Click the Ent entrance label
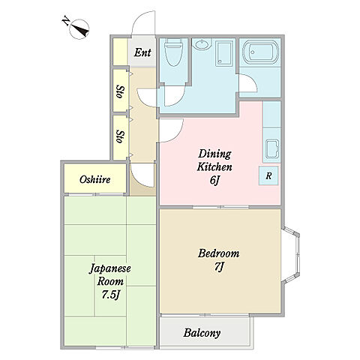pos(142,52)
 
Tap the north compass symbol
pos(77,28)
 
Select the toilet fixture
pos(174,52)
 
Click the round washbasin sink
pos(202,45)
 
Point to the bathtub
pos(260,52)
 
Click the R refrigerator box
pos(268,175)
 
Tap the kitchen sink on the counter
pos(272,149)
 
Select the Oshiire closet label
pos(95,179)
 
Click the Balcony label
pos(202,333)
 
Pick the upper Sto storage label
pos(120,91)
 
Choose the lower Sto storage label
pos(120,136)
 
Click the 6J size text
pos(214,180)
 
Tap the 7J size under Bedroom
pos(218,266)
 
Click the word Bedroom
pos(219,253)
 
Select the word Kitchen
pos(214,167)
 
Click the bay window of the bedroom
pos(291,255)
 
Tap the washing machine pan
pos(224,54)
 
